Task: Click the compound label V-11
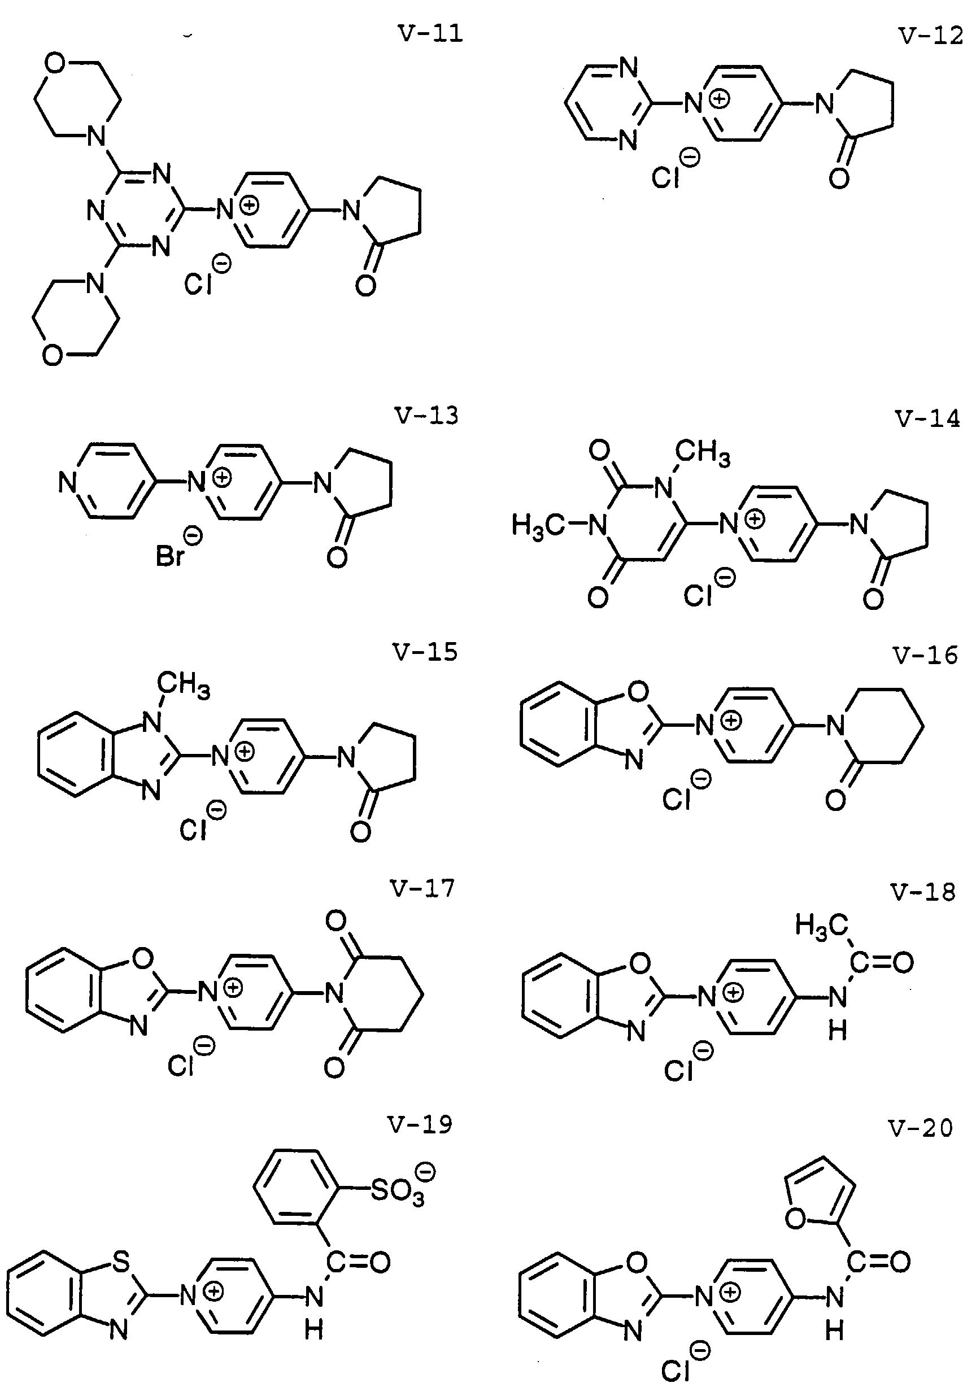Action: [430, 33]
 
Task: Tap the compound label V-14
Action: [927, 419]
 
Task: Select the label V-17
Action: [422, 889]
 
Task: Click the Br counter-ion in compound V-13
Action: [169, 556]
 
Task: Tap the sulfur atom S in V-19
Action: [121, 1263]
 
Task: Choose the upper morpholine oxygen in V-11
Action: [54, 63]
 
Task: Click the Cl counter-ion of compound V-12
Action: [665, 177]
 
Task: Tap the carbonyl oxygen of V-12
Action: [839, 179]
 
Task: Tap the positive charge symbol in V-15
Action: [245, 752]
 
